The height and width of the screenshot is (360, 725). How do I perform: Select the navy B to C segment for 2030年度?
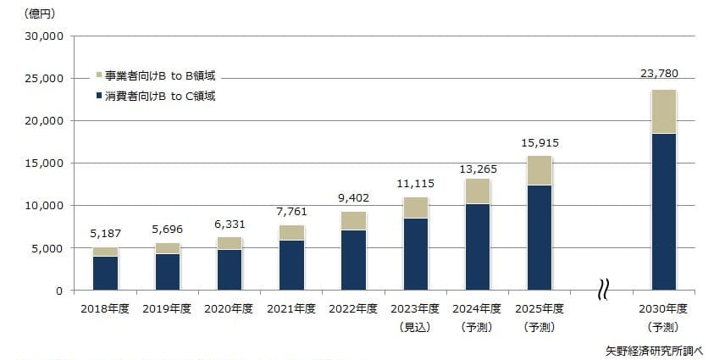[x=663, y=212]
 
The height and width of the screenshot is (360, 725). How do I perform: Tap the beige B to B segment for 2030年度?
[x=663, y=111]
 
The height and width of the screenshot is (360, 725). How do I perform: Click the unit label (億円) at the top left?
[x=40, y=13]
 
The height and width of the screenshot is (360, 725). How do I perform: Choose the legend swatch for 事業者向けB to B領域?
[x=99, y=76]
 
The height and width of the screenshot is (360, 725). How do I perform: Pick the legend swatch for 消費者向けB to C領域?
[x=99, y=97]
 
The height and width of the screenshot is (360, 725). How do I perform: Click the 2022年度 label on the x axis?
[x=353, y=308]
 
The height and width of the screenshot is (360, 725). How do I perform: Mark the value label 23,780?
[x=661, y=73]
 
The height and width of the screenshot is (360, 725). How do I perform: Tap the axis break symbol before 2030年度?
[x=601, y=291]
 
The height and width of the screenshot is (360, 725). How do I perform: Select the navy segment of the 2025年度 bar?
[x=540, y=237]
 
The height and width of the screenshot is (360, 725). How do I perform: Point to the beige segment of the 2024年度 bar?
[x=478, y=191]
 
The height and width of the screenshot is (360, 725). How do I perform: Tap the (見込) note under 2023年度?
[x=415, y=326]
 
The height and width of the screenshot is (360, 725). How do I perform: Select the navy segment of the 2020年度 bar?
[x=229, y=269]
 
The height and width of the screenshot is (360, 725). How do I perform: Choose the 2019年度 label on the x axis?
[x=167, y=308]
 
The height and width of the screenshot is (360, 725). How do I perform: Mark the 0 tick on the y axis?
[x=59, y=291]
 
